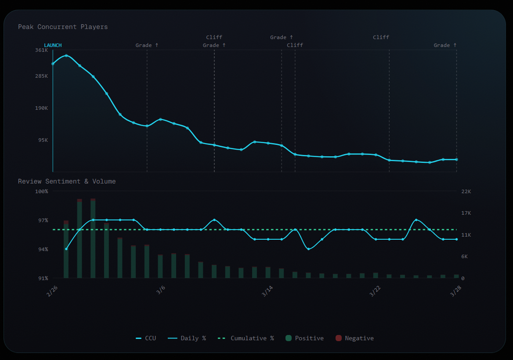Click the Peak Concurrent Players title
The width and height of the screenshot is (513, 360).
(63, 27)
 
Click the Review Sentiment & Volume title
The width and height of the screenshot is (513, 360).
(67, 181)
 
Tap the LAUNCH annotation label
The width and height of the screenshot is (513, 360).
(53, 45)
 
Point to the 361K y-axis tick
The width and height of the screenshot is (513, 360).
(41, 50)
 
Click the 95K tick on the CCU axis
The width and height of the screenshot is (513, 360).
(43, 140)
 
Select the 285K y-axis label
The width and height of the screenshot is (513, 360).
(41, 76)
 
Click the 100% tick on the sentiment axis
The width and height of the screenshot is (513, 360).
(41, 191)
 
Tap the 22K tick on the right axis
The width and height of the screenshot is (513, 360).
(466, 191)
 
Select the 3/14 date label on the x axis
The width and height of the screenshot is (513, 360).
(267, 291)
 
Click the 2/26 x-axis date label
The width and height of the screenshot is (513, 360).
(52, 291)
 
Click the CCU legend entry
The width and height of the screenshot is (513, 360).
(146, 338)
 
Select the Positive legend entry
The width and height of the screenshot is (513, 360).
(304, 338)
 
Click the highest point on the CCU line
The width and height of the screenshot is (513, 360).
(66, 56)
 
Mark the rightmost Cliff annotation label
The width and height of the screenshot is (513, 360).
(381, 37)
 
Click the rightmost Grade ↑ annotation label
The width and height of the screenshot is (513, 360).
(445, 45)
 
